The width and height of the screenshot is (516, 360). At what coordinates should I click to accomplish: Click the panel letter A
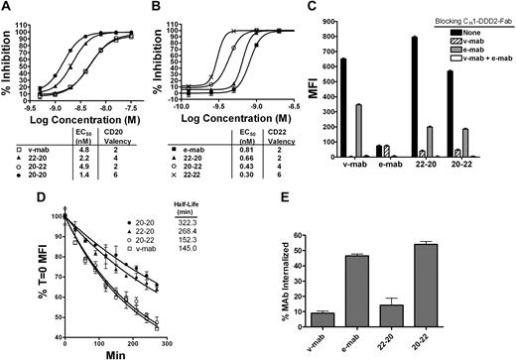[7, 8]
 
